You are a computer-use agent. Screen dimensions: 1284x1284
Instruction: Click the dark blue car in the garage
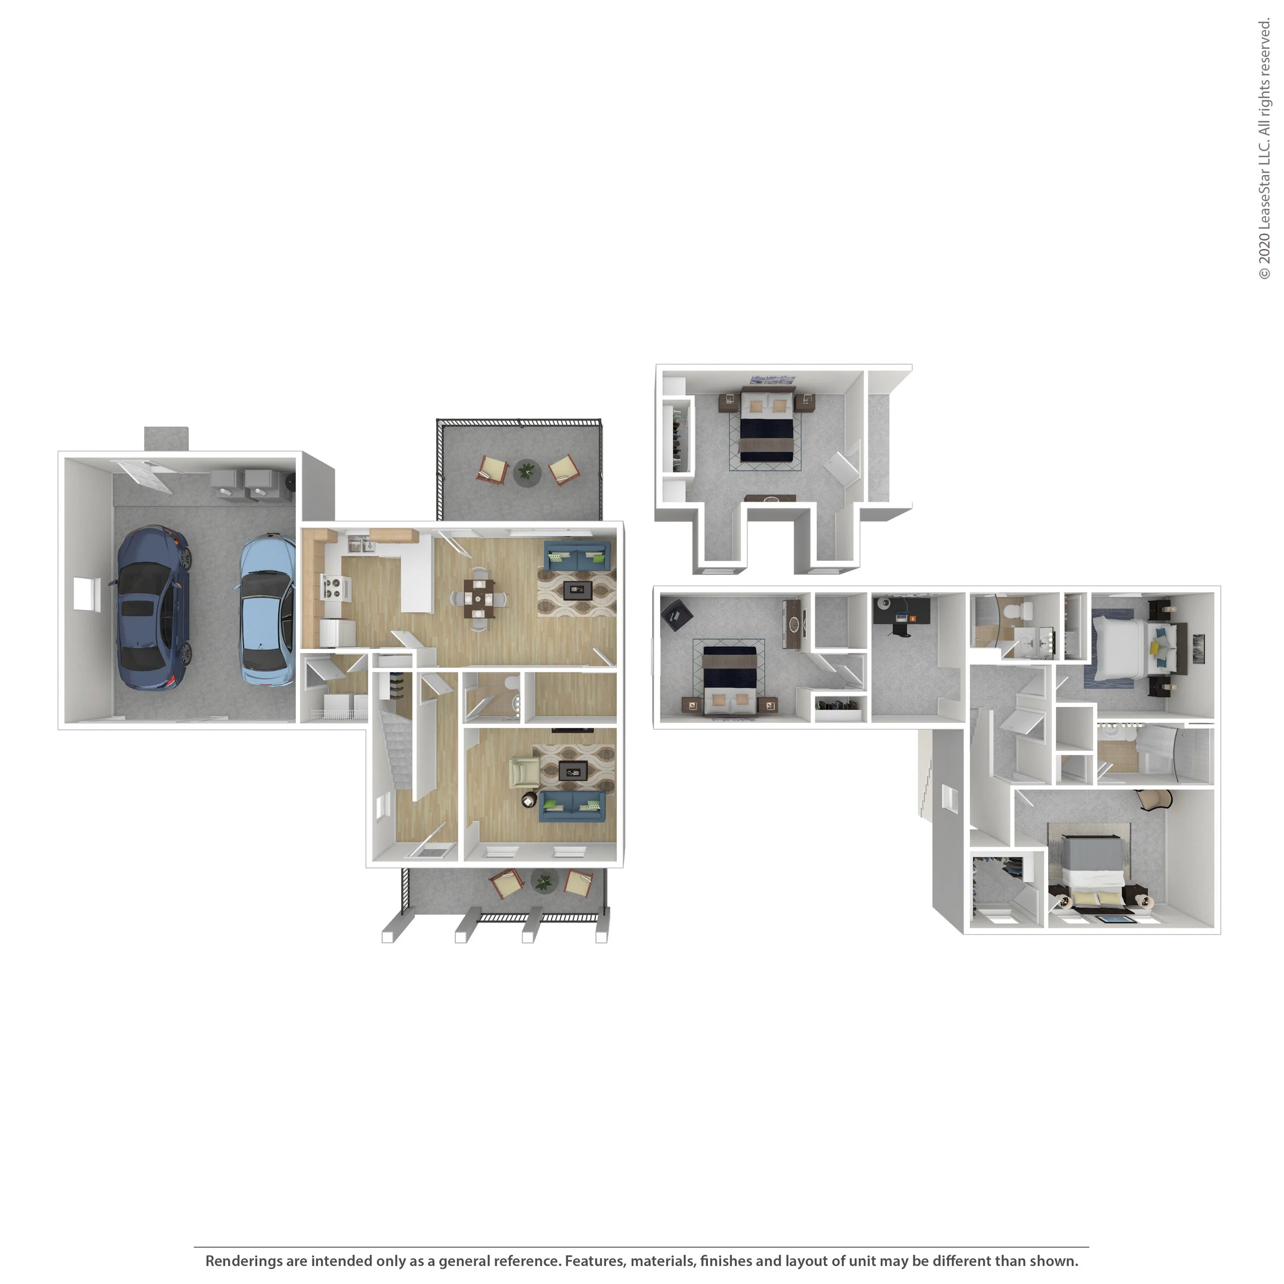(153, 608)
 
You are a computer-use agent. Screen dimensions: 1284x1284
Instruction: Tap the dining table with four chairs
(479, 599)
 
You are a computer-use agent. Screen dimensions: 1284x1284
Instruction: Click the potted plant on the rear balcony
(526, 472)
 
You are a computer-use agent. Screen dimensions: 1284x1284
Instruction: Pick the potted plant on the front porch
(543, 882)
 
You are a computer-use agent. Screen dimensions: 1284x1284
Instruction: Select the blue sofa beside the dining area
(577, 556)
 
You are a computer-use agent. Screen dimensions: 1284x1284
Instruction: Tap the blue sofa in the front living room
(572, 805)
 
